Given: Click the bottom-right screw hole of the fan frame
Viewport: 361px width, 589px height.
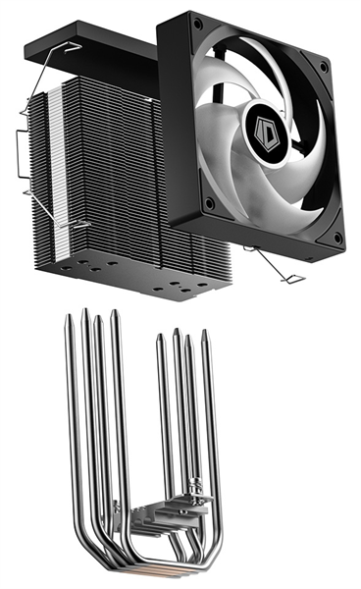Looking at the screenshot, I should click(x=336, y=239).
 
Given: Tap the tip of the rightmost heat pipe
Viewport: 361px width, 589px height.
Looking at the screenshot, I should click(x=205, y=333).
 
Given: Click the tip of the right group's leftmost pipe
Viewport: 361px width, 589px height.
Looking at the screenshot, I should click(x=160, y=338).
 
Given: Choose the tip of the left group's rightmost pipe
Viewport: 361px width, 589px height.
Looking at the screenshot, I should click(x=115, y=314).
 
